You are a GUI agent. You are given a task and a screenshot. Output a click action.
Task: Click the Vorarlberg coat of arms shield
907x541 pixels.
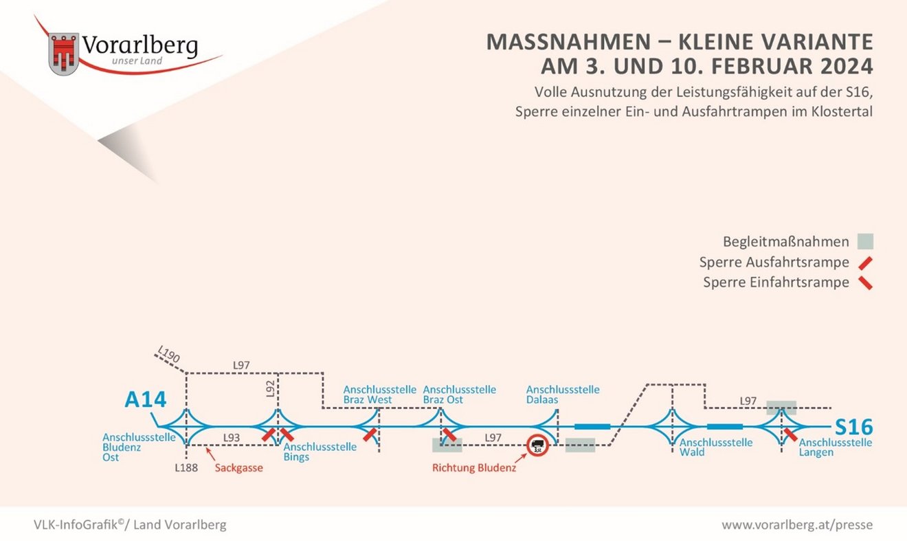64,54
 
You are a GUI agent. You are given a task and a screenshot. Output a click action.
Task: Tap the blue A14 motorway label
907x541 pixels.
146,399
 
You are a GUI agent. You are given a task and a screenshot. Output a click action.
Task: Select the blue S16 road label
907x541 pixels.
854,427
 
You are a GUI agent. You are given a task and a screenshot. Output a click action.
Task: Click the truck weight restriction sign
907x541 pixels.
538,445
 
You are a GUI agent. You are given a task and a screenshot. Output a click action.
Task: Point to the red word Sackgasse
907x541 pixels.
239,468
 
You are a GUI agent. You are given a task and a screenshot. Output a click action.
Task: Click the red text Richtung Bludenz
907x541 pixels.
474,468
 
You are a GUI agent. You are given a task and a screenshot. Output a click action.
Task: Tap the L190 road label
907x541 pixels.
168,354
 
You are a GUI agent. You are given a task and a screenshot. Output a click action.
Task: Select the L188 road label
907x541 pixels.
186,468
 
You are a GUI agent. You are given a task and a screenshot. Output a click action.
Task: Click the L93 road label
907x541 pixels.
232,438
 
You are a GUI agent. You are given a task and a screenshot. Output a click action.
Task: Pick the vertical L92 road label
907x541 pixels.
271,389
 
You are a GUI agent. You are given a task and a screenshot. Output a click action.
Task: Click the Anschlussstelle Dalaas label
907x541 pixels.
563,395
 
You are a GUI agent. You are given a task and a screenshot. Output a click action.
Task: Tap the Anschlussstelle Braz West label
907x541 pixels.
380,395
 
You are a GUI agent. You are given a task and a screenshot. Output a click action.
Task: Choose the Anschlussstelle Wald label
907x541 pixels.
716,448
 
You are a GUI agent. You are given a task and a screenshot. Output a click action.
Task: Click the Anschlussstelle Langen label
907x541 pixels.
836,448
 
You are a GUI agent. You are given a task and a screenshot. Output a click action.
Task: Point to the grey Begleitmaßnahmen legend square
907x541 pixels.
865,241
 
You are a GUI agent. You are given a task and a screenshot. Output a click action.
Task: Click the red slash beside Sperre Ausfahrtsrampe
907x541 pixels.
865,263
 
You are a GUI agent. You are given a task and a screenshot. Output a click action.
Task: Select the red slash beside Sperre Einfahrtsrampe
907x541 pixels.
865,283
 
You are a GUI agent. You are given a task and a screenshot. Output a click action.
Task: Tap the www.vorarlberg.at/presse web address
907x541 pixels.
797,525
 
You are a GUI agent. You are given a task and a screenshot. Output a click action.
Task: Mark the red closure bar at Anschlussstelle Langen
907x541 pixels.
790,435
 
